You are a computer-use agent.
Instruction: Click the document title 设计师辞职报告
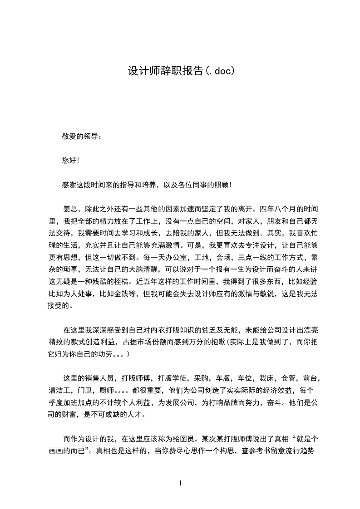point(166,71)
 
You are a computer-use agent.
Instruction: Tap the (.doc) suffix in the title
point(220,71)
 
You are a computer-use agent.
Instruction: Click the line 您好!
point(70,160)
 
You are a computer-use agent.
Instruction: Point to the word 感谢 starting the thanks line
point(69,185)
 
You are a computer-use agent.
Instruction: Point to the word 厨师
point(106,390)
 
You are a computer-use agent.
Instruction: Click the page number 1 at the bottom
point(180,483)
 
